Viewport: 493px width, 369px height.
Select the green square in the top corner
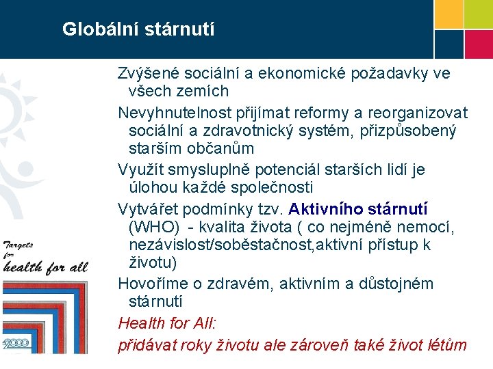point(479,14)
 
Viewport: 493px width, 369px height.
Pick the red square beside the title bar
point(479,44)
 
